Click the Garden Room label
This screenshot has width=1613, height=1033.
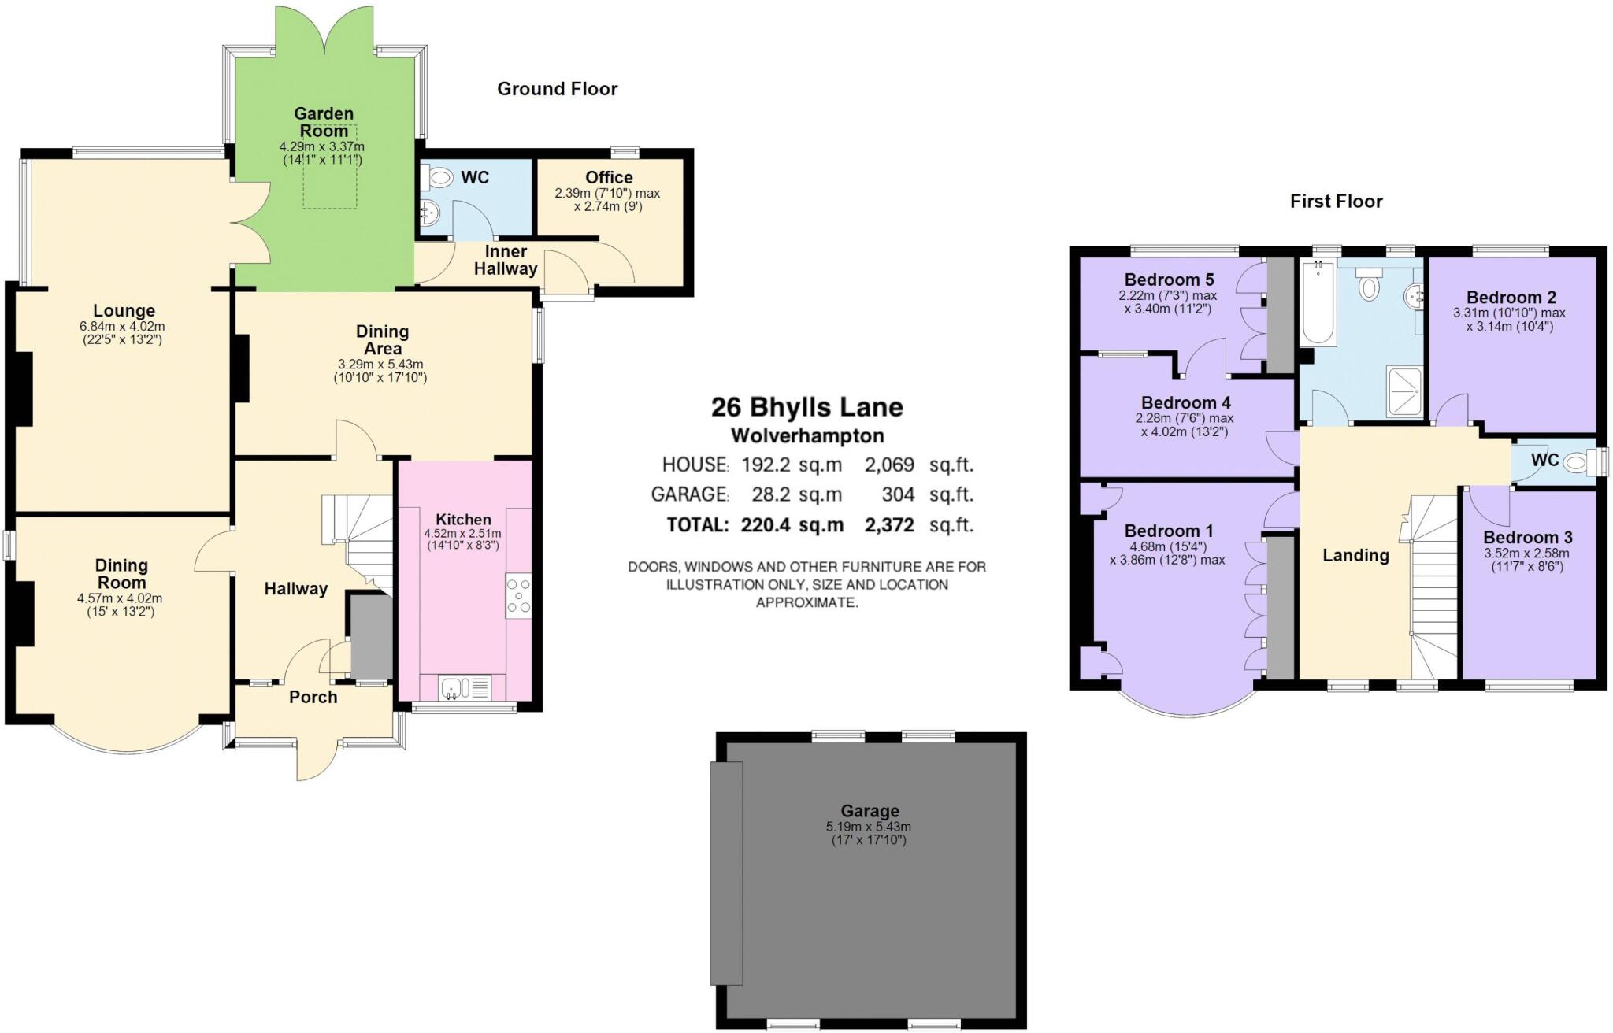323,122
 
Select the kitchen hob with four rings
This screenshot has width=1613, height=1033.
518,596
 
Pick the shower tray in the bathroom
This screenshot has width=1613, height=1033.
1403,391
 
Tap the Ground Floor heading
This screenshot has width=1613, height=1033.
557,89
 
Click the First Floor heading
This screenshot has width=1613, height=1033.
1336,202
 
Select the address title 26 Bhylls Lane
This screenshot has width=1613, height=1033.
806,407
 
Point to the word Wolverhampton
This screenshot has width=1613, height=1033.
807,435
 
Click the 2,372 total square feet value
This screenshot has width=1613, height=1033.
889,524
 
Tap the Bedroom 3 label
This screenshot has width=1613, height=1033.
1527,538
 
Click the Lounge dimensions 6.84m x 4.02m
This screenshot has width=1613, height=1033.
122,326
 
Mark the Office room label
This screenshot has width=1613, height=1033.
609,177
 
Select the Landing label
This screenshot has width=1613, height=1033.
1355,555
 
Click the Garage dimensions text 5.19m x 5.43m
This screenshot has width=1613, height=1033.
868,827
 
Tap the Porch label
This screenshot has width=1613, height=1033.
313,697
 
